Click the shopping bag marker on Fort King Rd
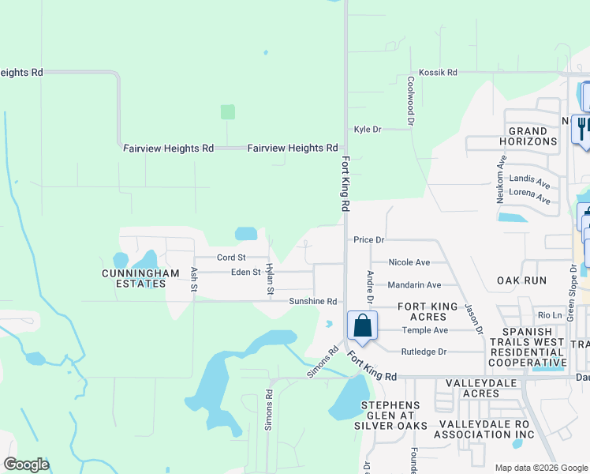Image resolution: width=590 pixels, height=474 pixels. tap(362, 325)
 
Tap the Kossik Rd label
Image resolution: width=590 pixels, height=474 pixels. tap(439, 73)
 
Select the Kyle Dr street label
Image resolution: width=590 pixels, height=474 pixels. tap(368, 130)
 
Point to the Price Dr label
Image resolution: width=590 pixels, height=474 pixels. tap(368, 239)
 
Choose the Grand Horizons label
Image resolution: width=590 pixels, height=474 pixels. tap(528, 136)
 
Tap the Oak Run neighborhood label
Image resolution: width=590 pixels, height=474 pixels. tap(521, 280)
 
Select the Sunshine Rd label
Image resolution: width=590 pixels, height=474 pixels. tap(312, 302)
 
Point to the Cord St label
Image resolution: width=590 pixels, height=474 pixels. tap(231, 258)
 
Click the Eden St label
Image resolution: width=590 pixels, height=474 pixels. tap(245, 273)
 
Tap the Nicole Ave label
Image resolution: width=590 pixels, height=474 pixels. tap(409, 262)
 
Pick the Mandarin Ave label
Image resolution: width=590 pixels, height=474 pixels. tap(414, 285)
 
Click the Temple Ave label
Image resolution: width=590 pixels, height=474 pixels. tap(424, 330)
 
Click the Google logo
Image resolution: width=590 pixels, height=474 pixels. tap(26, 464)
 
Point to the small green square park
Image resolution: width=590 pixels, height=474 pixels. tap(228, 112)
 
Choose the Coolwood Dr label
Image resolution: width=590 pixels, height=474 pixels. tap(411, 101)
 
